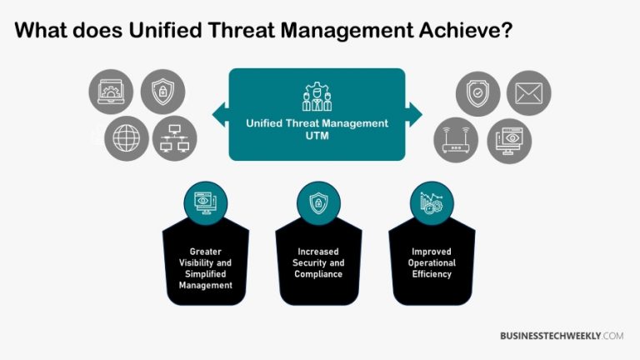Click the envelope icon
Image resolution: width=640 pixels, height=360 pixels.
coord(527,93)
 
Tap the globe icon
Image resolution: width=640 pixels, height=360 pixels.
coord(125,138)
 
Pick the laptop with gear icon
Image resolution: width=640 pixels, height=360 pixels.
coord(111,93)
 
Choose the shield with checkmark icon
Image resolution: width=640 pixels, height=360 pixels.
coord(477,93)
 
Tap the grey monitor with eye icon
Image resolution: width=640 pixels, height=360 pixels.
coord(510,140)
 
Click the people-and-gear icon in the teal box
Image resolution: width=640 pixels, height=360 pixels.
coord(317,97)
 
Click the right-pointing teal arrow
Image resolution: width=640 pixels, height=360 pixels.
coord(414,115)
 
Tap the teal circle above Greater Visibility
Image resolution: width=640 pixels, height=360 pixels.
coord(205,202)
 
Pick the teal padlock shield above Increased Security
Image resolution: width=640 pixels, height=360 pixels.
coord(319,202)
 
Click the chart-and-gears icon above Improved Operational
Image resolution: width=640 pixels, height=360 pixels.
coord(432,202)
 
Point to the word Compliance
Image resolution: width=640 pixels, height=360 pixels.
coord(319,274)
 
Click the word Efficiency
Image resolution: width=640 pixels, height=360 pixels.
coord(432,274)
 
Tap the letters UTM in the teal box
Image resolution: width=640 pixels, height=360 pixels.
coord(317,135)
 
